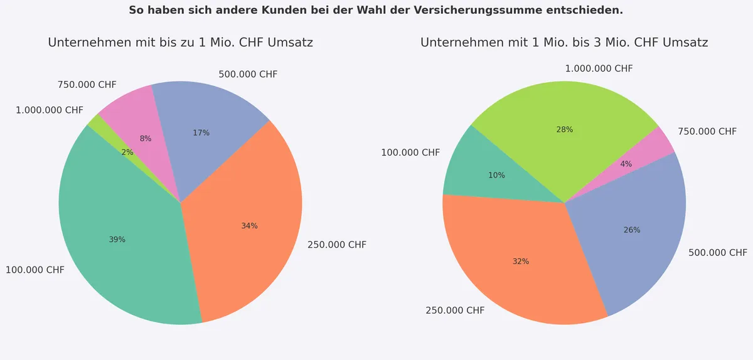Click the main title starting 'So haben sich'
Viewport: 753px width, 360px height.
click(x=376, y=11)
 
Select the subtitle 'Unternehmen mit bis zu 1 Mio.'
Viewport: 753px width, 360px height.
click(x=181, y=43)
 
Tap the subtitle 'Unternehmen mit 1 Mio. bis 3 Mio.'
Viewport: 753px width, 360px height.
click(x=564, y=43)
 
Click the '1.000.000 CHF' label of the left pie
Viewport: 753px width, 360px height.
click(x=50, y=110)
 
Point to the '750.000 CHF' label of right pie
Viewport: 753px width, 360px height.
click(x=707, y=132)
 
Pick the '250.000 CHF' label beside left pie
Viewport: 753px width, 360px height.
click(x=337, y=245)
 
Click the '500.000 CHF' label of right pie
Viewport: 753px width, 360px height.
click(x=718, y=253)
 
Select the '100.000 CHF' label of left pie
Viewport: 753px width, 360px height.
click(x=35, y=270)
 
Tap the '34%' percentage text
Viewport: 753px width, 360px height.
click(x=250, y=226)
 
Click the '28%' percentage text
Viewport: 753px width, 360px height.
click(x=565, y=130)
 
